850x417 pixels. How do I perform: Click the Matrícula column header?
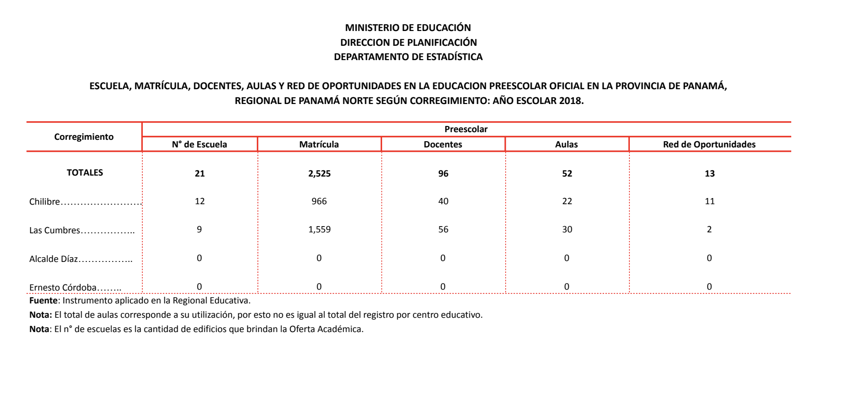pos(319,144)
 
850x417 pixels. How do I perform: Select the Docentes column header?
pos(443,144)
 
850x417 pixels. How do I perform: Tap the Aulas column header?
pos(566,144)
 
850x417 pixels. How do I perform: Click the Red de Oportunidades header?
pos(709,144)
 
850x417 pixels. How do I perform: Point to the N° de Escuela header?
pos(199,144)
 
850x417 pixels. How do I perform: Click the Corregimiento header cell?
pos(84,137)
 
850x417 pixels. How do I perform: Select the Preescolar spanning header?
pos(466,129)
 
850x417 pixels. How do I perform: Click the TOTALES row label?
pos(85,173)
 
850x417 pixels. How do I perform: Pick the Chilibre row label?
pos(44,201)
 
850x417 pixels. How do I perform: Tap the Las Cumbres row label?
pos(54,230)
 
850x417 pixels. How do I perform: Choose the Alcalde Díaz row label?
pos(53,259)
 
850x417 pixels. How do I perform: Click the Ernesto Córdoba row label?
pos(63,287)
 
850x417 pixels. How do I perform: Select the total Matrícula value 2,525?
pos(319,173)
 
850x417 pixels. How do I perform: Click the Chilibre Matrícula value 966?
pos(319,201)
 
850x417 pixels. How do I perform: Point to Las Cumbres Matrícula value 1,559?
pos(319,229)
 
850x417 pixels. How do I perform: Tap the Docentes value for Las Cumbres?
pos(443,229)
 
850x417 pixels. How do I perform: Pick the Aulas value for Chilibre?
pos(567,201)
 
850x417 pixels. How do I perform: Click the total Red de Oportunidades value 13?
pos(710,173)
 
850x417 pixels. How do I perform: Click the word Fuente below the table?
pos(43,300)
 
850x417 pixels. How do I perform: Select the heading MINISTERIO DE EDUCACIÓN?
pos(408,28)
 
